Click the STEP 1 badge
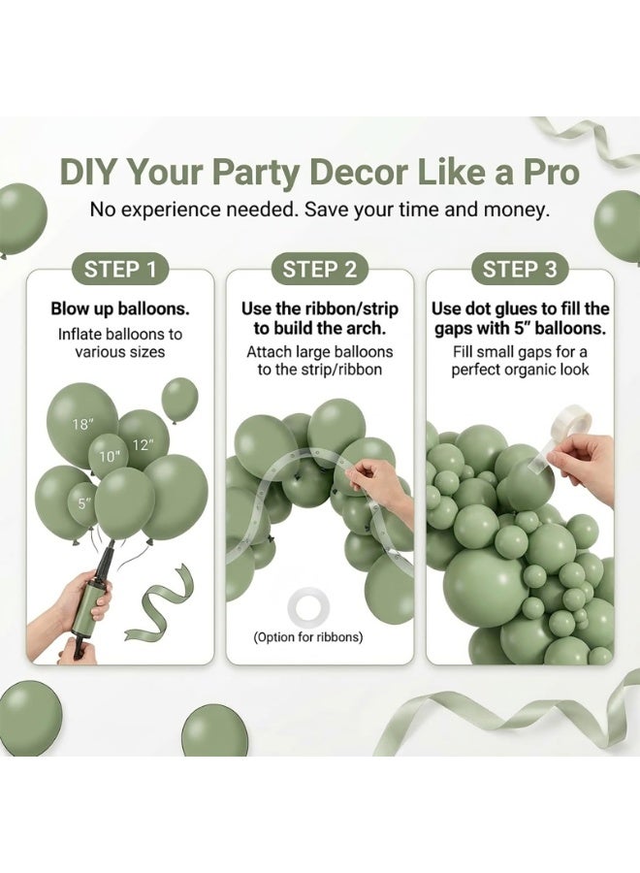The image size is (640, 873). pyautogui.click(x=119, y=270)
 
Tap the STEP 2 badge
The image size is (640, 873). pyautogui.click(x=319, y=270)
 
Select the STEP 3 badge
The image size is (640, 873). pyautogui.click(x=519, y=270)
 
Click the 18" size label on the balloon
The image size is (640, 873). pyautogui.click(x=82, y=424)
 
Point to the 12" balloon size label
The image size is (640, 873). pyautogui.click(x=143, y=445)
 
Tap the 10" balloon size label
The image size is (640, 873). pyautogui.click(x=110, y=457)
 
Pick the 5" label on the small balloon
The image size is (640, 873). pyautogui.click(x=84, y=503)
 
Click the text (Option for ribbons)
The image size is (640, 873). pyautogui.click(x=308, y=637)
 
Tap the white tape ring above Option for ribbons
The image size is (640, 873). pyautogui.click(x=308, y=608)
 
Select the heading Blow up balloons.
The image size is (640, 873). pyautogui.click(x=120, y=309)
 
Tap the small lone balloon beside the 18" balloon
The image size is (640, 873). pyautogui.click(x=179, y=400)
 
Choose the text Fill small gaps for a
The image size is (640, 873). pyautogui.click(x=520, y=352)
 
